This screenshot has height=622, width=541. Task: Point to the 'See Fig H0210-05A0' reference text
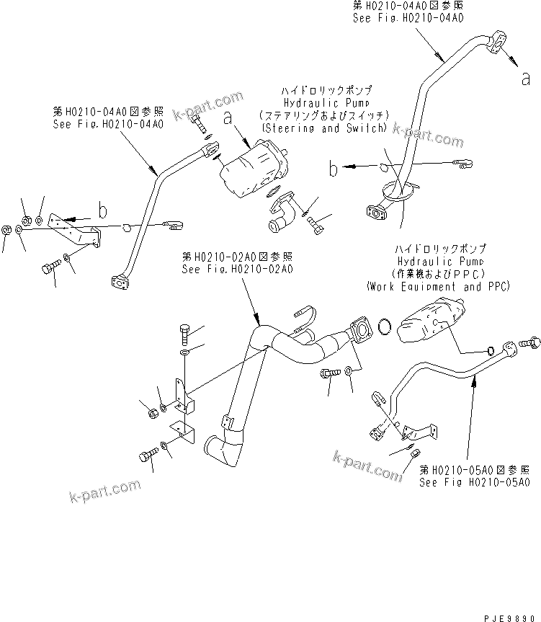pyautogui.click(x=475, y=481)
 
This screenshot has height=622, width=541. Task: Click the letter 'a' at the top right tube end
pyautogui.click(x=525, y=79)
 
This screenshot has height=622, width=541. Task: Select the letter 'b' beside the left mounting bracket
pyautogui.click(x=103, y=210)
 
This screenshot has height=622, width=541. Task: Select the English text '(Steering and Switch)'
pyautogui.click(x=324, y=128)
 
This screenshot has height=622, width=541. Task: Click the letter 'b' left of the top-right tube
pyautogui.click(x=334, y=169)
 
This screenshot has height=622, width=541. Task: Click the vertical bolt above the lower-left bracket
pyautogui.click(x=184, y=335)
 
